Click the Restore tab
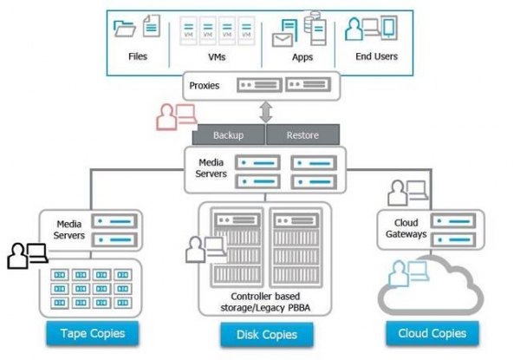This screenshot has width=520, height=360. point(302,135)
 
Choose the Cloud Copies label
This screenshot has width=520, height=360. point(432,332)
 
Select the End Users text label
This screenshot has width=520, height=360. point(378,57)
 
